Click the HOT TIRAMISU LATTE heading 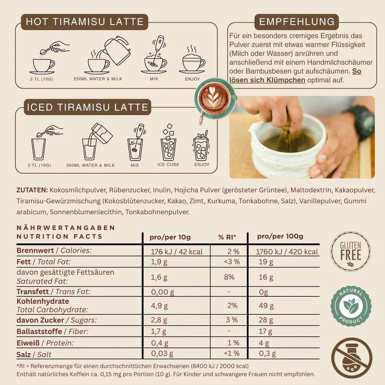click(85, 22)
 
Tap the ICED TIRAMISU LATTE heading click(88, 107)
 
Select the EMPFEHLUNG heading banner click(296, 22)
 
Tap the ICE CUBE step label click(168, 165)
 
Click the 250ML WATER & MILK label click(98, 79)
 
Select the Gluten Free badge click(351, 251)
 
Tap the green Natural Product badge click(351, 306)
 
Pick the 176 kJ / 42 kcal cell click(177, 252)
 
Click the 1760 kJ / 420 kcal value click(287, 252)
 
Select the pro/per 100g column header click(280, 236)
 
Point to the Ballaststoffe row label click(39, 332)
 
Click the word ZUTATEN click(32, 190)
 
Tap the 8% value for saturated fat click(229, 277)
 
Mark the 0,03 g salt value click(162, 353)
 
